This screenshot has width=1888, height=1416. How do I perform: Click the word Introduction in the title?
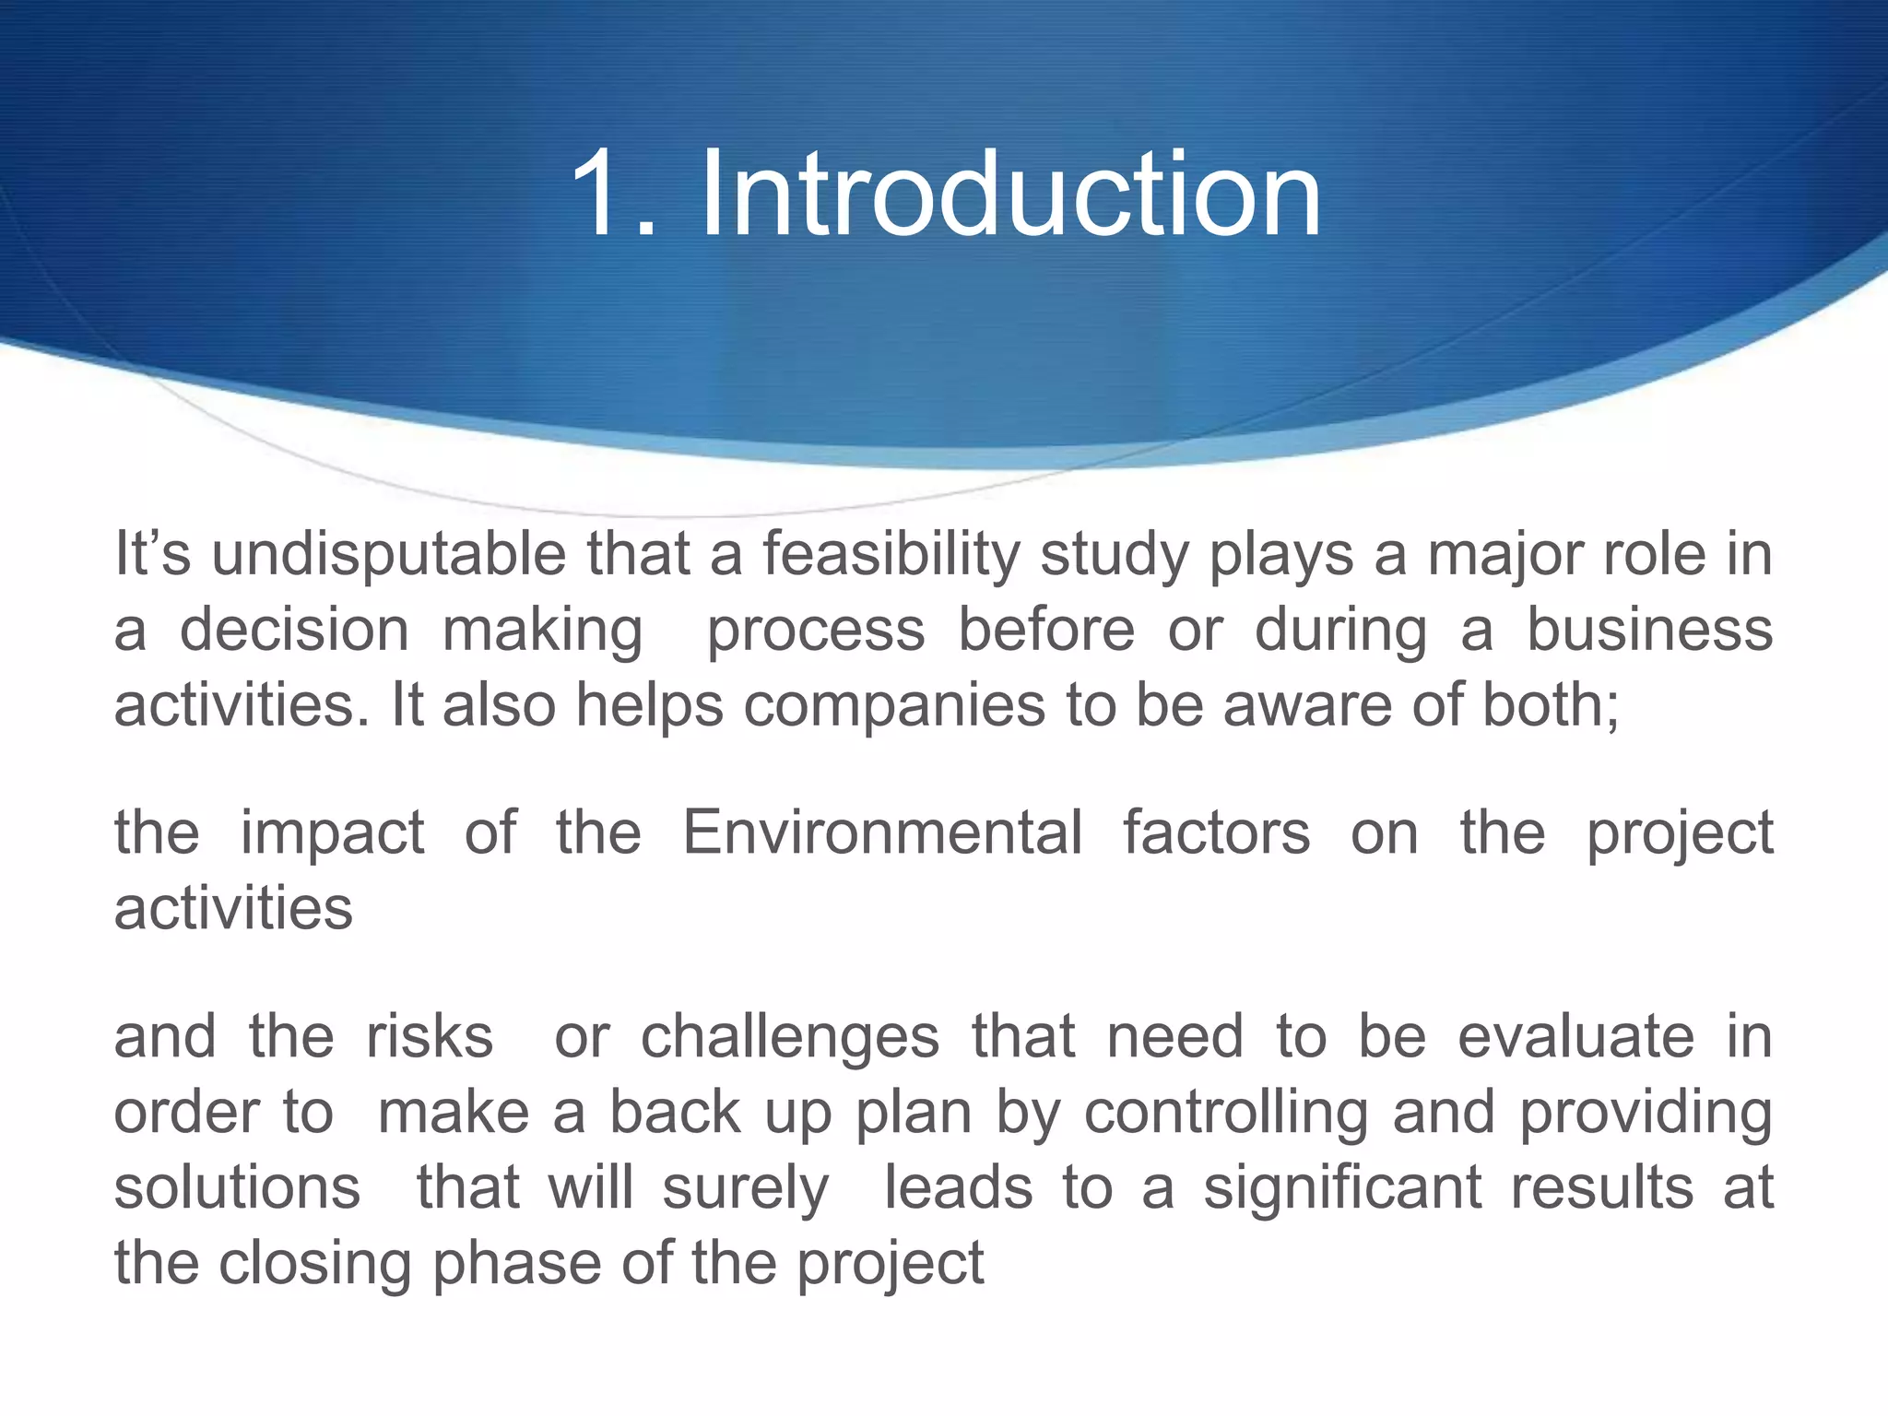[1011, 195]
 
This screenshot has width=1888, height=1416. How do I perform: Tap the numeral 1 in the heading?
[599, 195]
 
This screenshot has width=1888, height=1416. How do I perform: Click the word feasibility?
[891, 555]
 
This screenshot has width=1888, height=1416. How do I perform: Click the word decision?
[294, 631]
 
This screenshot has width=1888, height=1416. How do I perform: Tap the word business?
[1649, 630]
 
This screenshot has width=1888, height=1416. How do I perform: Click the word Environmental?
[882, 832]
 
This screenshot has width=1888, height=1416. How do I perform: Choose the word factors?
[1216, 832]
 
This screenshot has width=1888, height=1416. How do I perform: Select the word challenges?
[790, 1037]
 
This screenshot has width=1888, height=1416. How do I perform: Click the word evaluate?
[1575, 1037]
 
